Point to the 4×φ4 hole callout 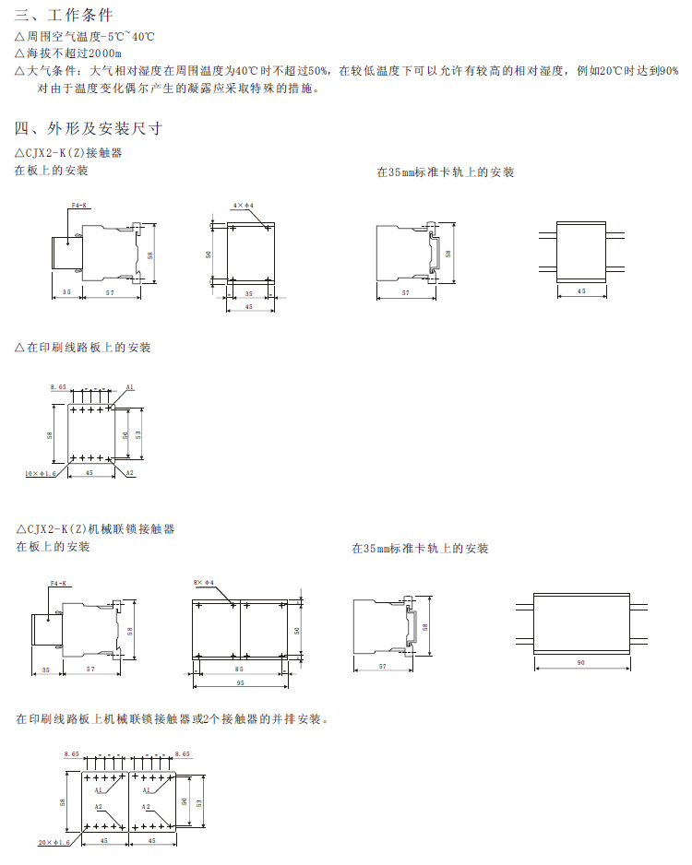tap(243, 205)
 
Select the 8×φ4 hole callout tap(203, 583)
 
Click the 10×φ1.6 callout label tap(41, 473)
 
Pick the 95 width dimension tap(240, 683)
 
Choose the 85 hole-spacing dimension tap(240, 669)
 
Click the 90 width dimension tap(580, 663)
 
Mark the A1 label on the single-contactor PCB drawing tap(130, 387)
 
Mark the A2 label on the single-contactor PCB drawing tap(130, 473)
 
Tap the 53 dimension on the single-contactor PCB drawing tap(138, 433)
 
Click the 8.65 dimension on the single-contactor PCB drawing tap(58, 387)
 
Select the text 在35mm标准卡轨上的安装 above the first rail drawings tap(445, 172)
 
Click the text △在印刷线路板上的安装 tap(83, 348)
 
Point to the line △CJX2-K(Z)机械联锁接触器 tap(95, 529)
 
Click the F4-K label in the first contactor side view tap(78, 205)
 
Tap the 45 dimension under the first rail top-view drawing tap(580, 290)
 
